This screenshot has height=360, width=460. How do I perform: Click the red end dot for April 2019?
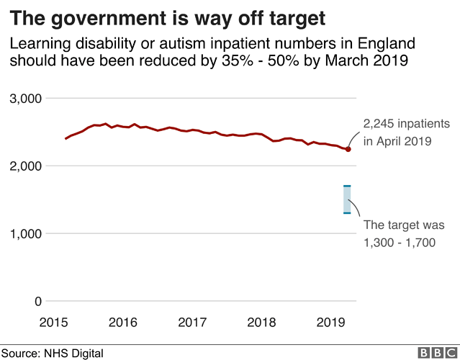point(348,149)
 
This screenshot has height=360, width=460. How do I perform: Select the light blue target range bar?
point(347,199)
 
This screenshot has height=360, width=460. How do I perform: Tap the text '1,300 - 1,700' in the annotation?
point(400,243)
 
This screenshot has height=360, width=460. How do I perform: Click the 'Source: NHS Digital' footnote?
point(52,353)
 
